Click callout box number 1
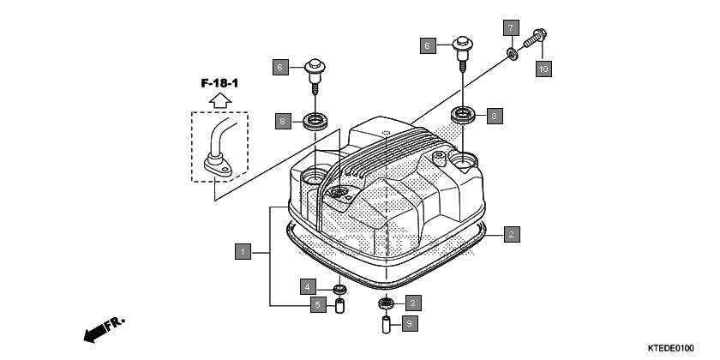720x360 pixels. (243, 252)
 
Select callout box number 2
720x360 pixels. (511, 233)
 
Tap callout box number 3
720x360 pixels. (413, 303)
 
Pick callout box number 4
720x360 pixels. (306, 285)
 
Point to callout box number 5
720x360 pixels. (316, 304)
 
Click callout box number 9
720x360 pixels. (410, 323)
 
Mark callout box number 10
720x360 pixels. (543, 68)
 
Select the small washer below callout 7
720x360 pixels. (513, 55)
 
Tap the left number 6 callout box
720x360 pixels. (279, 66)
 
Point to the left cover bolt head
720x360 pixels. (315, 65)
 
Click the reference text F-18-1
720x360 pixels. (219, 83)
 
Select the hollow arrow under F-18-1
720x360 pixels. (219, 100)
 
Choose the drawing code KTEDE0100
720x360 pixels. (671, 348)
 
